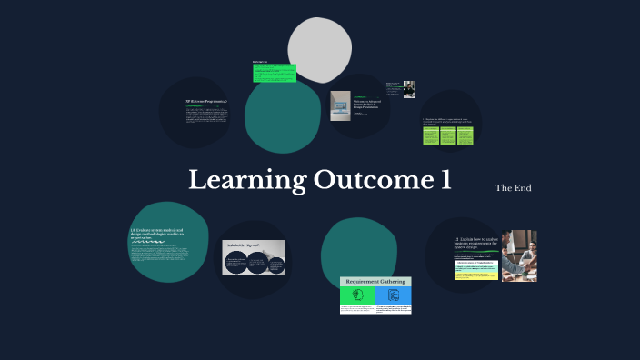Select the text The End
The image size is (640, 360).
coord(513,188)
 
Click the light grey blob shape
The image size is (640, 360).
coord(320,50)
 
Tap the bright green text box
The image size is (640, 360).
coord(275,73)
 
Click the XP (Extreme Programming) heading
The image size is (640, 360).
coord(205,101)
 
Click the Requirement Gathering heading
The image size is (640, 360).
coord(375,282)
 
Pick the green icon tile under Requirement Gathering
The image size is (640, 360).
coord(357,295)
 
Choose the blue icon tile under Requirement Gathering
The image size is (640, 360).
coord(394,295)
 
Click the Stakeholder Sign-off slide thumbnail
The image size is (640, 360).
coord(254,258)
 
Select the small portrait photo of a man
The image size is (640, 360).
coord(409,89)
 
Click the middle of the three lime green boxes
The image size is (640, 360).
coord(448,135)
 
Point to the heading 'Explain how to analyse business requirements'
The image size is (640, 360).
coord(475,242)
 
